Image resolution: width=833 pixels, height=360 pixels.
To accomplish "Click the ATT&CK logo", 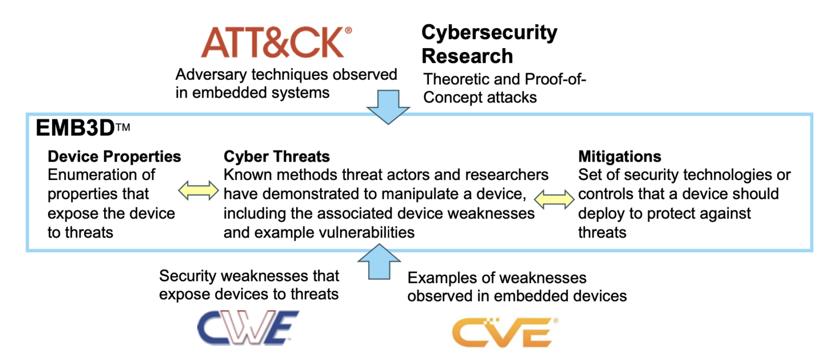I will tap(272, 43).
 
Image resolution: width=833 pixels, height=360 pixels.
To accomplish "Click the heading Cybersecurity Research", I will tap(489, 44).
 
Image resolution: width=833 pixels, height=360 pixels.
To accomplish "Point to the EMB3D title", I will tap(75, 128).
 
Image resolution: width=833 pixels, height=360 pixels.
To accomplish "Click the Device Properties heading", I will tap(114, 157).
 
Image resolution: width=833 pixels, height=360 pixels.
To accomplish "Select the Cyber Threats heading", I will tap(277, 157).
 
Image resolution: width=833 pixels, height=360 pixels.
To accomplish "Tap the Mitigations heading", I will tap(620, 157).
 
